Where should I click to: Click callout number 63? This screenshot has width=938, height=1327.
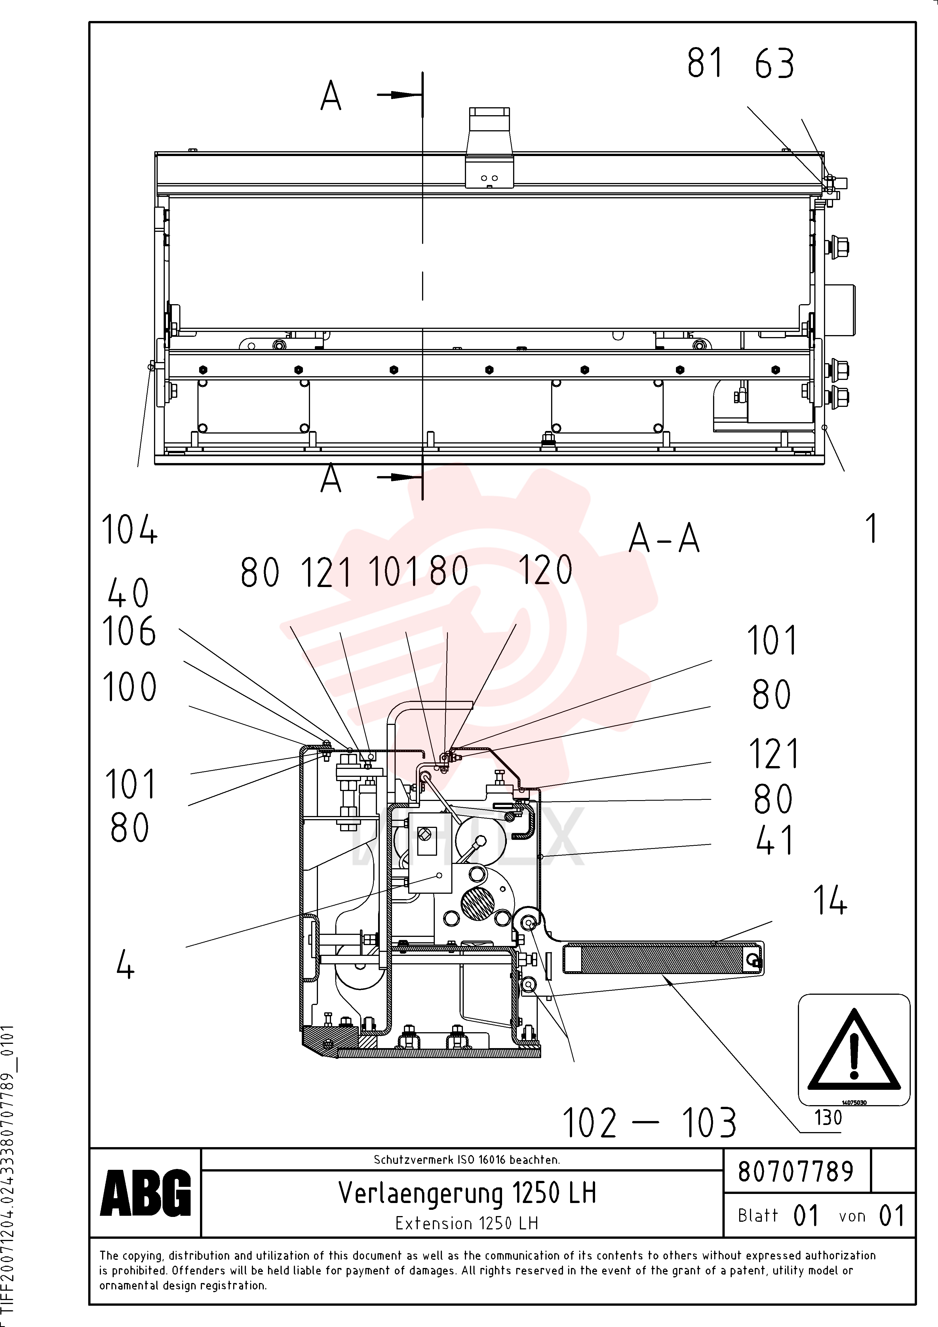point(774,64)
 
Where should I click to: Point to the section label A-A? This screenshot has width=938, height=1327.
point(664,538)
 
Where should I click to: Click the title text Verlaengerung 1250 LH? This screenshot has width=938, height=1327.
point(467,1192)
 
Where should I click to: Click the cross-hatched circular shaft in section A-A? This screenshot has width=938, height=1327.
point(477,905)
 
